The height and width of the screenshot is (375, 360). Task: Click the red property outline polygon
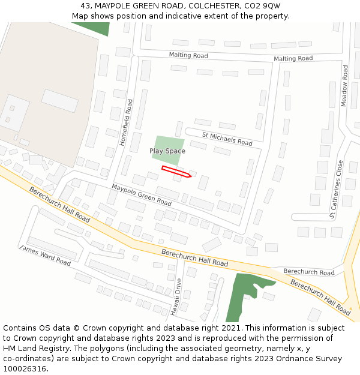(x=176, y=172)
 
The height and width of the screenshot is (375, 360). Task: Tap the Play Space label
(x=167, y=151)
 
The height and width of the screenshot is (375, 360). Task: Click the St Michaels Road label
(x=227, y=139)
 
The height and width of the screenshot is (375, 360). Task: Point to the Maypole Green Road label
(x=142, y=195)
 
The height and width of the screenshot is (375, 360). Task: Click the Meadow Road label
(x=344, y=86)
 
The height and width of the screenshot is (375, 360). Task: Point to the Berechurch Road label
(x=309, y=272)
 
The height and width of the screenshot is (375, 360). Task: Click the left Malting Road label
(x=188, y=55)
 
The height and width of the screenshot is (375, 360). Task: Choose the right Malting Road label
(x=293, y=58)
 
